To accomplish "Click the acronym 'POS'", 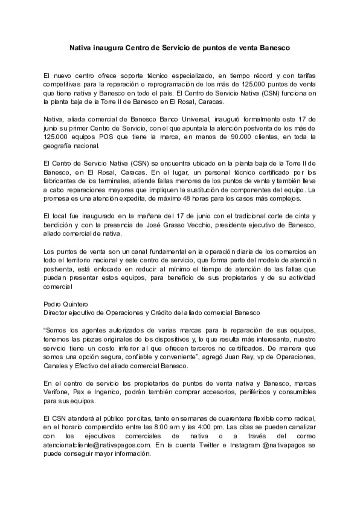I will pyautogui.click(x=106, y=137).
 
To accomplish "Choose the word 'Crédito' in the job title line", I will pyautogui.click(x=162, y=313).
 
